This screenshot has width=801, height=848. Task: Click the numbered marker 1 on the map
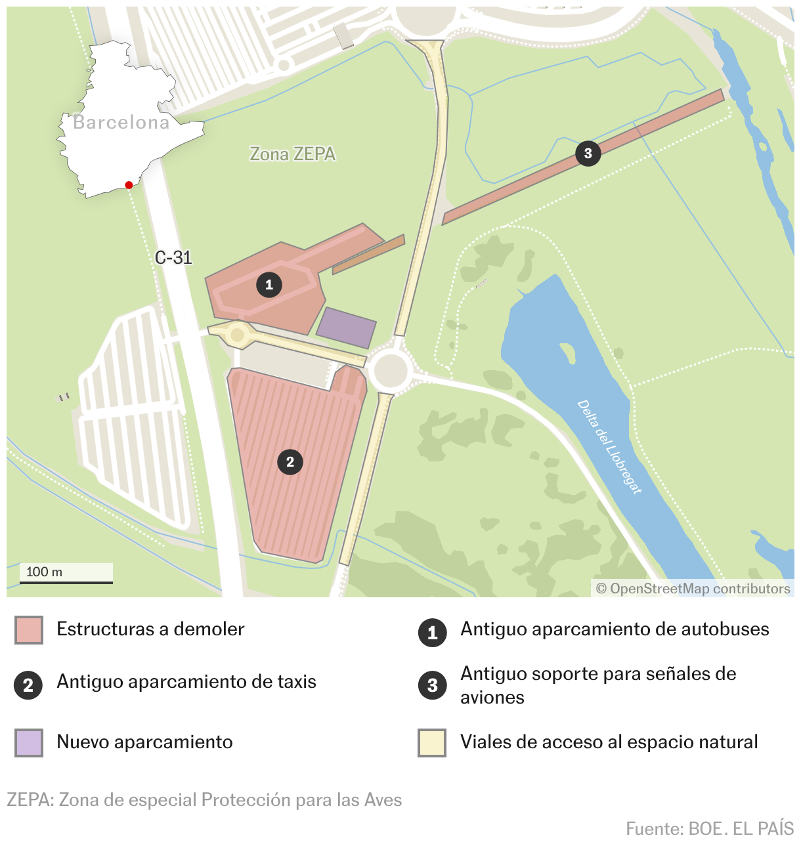click(269, 285)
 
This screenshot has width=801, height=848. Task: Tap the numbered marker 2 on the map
click(290, 462)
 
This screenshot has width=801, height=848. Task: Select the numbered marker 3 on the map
click(588, 154)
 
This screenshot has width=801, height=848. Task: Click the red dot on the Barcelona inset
click(129, 185)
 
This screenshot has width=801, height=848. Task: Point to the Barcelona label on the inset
click(121, 123)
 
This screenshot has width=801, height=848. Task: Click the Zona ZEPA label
click(293, 154)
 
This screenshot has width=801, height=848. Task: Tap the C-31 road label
click(173, 257)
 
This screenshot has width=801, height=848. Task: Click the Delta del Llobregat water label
click(609, 446)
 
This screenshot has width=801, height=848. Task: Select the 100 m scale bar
click(66, 574)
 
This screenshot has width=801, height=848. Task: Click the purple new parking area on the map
click(347, 327)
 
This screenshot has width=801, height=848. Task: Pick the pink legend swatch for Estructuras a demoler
click(29, 630)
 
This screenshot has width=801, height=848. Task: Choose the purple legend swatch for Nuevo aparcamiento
click(29, 742)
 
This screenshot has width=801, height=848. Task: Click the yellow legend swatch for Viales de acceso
click(432, 742)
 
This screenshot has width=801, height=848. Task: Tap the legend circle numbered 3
click(432, 686)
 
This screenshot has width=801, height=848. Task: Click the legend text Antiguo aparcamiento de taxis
click(186, 682)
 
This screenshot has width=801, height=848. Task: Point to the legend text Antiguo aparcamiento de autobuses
click(615, 629)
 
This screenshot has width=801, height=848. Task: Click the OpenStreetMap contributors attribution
click(693, 589)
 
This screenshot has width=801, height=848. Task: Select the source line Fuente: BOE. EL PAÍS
click(710, 828)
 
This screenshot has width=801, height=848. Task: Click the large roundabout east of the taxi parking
click(390, 371)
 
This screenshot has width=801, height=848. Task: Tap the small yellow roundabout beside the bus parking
click(238, 335)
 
